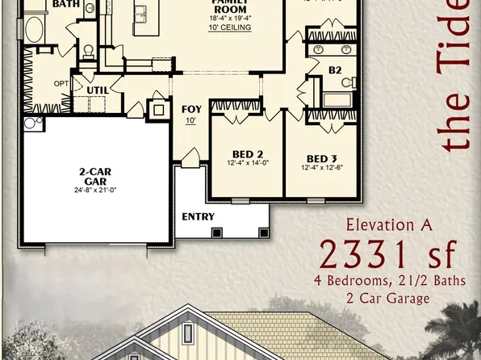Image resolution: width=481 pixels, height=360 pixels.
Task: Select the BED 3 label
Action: [x=322, y=157]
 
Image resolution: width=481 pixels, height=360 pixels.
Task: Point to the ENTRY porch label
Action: [x=198, y=216]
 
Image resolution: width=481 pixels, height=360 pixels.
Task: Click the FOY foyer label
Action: [x=191, y=109]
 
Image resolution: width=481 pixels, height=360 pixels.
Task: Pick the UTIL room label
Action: [x=98, y=90]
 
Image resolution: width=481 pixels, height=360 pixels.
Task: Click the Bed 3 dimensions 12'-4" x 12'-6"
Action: [x=322, y=168]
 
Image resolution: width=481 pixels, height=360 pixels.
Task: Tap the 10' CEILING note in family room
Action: [x=231, y=27]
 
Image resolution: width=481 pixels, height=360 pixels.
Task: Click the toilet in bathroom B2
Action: [x=349, y=82]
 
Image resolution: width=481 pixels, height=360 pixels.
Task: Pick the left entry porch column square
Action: [x=215, y=232]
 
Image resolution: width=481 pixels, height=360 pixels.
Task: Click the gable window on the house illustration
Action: [x=188, y=332]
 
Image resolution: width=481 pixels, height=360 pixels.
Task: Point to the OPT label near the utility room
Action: [x=61, y=83]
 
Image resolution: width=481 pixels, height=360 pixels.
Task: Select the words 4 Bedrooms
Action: [x=349, y=282]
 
